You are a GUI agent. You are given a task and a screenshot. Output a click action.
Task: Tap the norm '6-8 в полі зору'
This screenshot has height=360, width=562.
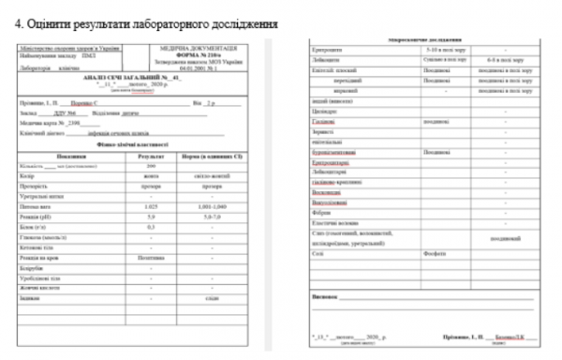pyautogui.click(x=505, y=58)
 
